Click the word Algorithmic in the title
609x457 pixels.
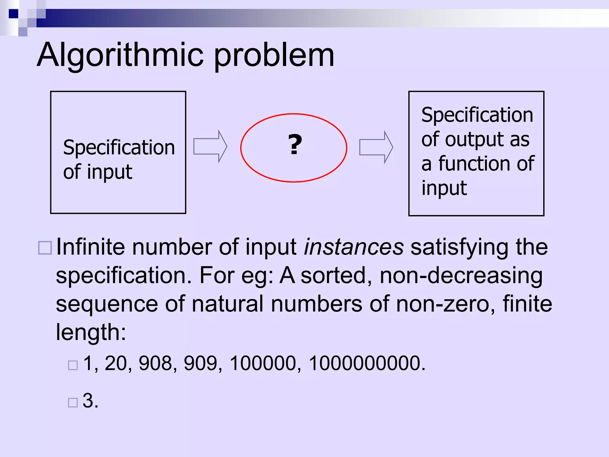point(120,55)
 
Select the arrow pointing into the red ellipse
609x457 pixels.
point(210,146)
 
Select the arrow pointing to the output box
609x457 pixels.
point(376,147)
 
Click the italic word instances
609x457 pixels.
point(354,247)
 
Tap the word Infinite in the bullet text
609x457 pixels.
point(90,247)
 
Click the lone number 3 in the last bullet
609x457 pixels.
point(88,400)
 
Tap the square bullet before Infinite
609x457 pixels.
point(45,248)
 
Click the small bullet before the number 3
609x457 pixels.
point(73,403)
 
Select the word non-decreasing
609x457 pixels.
point(461,276)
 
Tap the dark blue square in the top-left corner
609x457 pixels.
point(13,14)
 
